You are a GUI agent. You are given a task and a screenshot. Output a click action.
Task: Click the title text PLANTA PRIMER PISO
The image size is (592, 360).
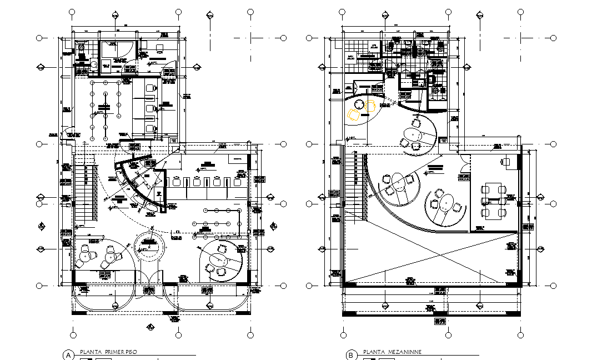(108, 352)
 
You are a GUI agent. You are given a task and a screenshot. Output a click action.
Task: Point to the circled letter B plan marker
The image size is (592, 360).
(351, 355)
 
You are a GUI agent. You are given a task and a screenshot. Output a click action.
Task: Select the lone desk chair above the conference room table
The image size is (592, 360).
(505, 162)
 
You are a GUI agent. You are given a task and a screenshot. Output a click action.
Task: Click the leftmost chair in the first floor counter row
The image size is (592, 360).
(177, 181)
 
